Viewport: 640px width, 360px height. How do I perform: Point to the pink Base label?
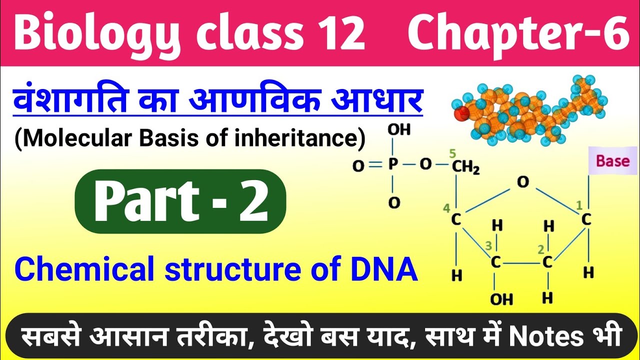tap(613, 161)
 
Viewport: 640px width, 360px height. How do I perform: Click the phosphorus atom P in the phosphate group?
tap(393, 165)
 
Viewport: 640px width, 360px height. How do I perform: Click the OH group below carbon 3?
tap(501, 299)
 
